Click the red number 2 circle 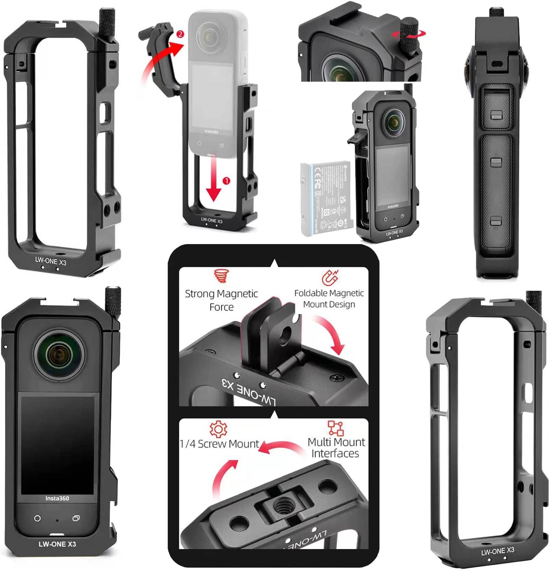point(180,34)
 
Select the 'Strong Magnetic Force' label point(221,300)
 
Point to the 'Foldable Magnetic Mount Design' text point(329,299)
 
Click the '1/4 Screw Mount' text point(219,444)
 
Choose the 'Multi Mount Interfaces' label point(336,448)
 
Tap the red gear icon point(218,429)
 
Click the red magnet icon point(331,277)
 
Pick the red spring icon point(221,276)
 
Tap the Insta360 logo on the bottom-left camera point(57,499)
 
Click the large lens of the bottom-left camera point(59,355)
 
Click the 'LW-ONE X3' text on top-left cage point(51,261)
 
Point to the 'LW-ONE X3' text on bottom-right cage point(497,551)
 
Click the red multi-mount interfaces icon point(335,428)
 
